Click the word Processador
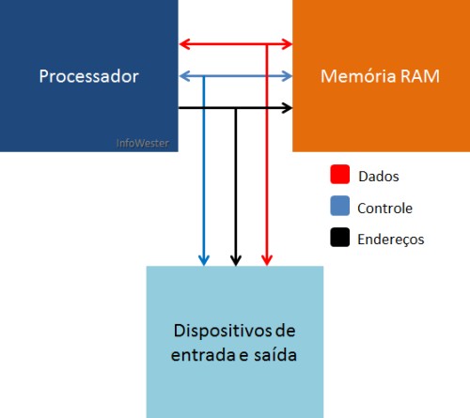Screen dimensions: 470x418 [89, 76]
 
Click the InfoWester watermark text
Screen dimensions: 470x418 [142, 143]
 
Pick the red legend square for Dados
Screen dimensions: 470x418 [340, 174]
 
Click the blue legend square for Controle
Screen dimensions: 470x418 [340, 206]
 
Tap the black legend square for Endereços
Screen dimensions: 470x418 [340, 237]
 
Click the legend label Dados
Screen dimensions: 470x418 [379, 177]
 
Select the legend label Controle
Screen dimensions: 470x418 [384, 209]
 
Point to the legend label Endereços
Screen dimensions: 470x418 [391, 240]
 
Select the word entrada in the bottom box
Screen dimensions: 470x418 [203, 355]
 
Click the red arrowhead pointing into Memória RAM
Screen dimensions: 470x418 [287, 44]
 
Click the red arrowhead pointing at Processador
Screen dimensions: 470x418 [184, 44]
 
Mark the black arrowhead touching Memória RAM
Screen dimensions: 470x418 [287, 108]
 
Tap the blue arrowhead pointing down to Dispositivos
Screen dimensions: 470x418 [204, 260]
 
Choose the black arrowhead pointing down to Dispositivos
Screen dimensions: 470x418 [236, 260]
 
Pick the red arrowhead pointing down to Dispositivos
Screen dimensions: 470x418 [267, 260]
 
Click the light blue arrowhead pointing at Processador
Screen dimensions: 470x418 [184, 76]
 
